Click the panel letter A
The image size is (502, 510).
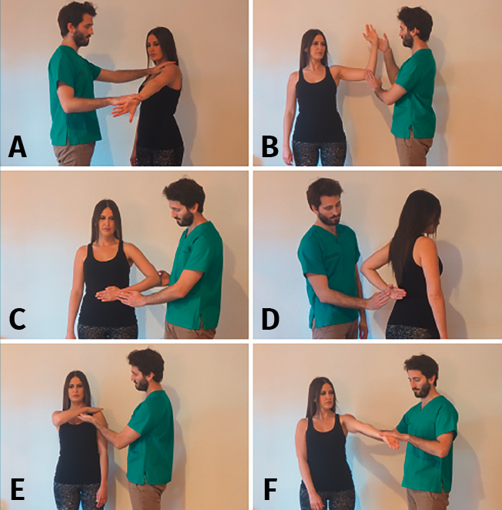point(18,147)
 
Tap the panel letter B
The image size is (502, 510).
point(269,147)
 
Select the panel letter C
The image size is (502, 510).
point(17,319)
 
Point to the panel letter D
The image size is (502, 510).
point(270,319)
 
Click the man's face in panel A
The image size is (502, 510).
point(84,32)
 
